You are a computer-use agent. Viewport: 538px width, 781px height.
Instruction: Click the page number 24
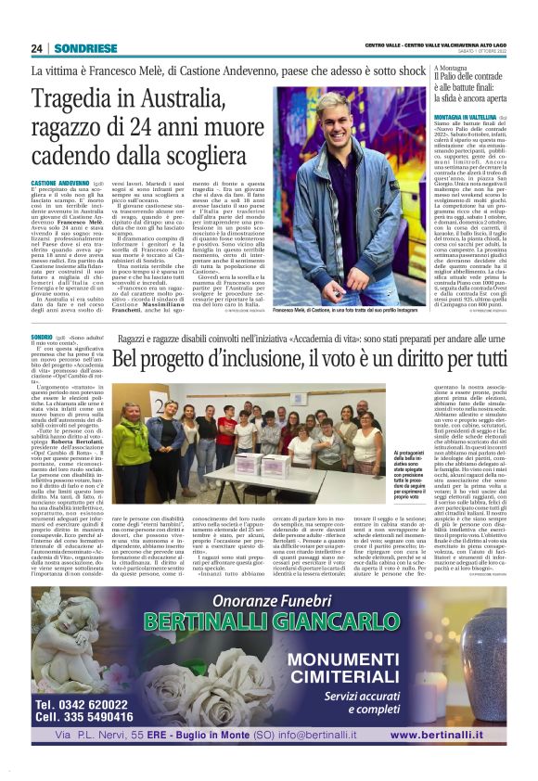(37, 49)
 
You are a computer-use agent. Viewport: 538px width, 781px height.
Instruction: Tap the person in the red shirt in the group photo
(227, 429)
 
